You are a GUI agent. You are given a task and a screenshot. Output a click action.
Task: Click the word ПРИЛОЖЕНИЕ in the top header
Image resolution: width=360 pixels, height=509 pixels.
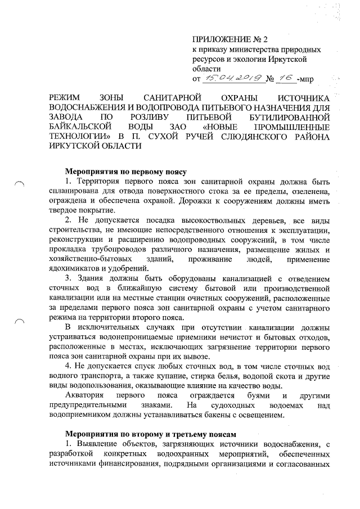click(217, 39)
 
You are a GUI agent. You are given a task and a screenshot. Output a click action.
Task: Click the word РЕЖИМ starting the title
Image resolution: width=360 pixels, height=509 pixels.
click(66, 98)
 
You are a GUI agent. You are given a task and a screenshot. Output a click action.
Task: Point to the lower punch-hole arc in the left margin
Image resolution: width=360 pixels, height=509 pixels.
click(20, 321)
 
